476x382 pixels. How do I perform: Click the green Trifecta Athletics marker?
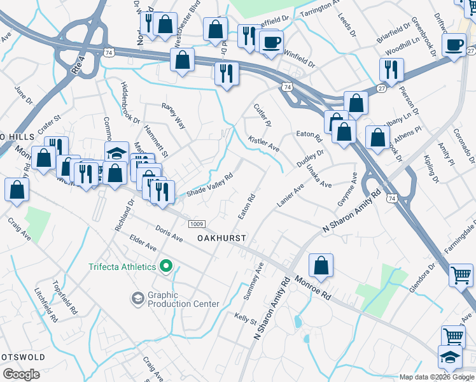[x=166, y=266]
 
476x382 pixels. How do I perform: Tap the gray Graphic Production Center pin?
[x=137, y=298]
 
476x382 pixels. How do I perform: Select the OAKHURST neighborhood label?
[x=221, y=237]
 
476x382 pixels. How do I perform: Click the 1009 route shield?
[x=197, y=223]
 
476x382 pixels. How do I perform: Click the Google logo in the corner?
[x=21, y=374]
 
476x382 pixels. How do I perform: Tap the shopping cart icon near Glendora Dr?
[x=461, y=275]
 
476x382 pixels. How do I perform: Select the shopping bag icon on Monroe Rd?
[x=322, y=265]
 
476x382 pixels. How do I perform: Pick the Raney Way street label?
[x=173, y=116]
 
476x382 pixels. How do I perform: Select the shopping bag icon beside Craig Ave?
[x=17, y=189]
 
